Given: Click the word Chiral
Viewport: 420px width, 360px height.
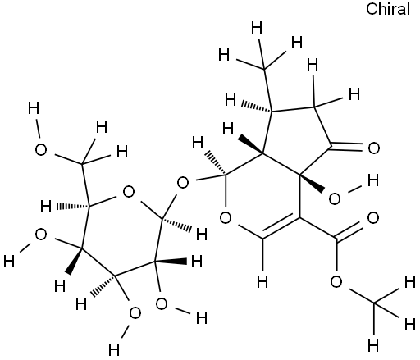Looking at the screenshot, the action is (x=388, y=9).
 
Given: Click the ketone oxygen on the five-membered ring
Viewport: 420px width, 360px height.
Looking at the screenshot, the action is (x=374, y=148).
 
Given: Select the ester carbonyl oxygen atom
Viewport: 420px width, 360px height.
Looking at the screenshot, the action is (x=373, y=218).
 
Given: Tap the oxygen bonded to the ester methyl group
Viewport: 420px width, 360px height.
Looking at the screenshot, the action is (x=336, y=282).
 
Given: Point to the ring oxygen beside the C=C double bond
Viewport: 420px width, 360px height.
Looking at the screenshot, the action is (x=226, y=218).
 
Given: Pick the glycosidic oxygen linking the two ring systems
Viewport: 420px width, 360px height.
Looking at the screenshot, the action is (x=183, y=183).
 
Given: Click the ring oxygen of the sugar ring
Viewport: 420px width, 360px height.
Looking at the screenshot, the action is (x=129, y=192).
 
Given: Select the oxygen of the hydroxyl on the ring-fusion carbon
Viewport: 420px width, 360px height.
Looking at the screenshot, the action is (x=335, y=198).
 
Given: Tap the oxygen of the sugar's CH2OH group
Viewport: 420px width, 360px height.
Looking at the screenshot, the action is (x=41, y=150).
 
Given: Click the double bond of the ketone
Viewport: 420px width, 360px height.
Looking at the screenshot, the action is (x=348, y=147).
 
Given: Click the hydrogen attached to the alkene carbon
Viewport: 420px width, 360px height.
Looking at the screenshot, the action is (x=262, y=281).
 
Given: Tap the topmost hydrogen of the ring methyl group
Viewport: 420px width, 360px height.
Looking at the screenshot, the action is (x=257, y=28).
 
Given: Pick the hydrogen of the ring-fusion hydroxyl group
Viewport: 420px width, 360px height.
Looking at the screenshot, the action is (x=373, y=180).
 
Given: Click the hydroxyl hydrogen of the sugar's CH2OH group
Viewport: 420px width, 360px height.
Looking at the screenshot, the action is (x=34, y=108).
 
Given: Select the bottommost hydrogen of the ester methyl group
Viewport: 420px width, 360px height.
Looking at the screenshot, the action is (x=373, y=345).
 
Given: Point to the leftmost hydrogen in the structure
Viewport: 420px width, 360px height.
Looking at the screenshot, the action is (x=9, y=262).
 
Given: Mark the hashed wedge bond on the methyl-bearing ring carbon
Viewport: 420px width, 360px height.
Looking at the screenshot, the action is (x=256, y=107).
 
